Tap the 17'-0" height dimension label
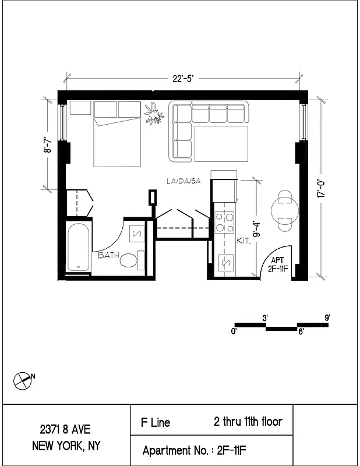[x=321, y=189]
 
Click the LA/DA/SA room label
[x=183, y=182]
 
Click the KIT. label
[x=243, y=241]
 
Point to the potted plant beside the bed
[x=154, y=114]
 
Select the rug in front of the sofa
[x=221, y=143]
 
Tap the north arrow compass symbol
[x=22, y=380]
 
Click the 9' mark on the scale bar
[x=327, y=318]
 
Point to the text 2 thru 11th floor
[x=248, y=421]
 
